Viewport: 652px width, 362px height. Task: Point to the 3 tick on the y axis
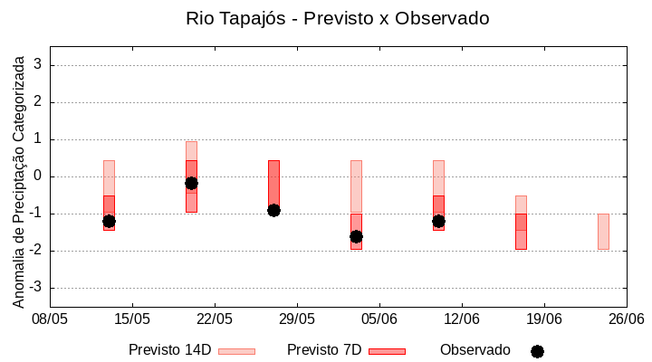[39, 65]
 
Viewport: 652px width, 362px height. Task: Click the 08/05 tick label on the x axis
[50, 319]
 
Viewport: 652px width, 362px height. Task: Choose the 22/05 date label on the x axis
[215, 319]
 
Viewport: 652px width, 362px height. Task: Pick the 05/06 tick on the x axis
[379, 319]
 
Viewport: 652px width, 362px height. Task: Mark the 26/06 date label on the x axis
[626, 319]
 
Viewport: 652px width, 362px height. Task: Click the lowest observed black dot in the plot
[356, 236]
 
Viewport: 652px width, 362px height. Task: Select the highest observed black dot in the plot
[191, 183]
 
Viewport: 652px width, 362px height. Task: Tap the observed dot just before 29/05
[273, 210]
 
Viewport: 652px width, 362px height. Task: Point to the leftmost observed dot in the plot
[109, 221]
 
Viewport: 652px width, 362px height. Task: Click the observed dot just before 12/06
[438, 221]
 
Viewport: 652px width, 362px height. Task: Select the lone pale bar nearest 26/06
[603, 232]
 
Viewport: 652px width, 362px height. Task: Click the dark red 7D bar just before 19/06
[521, 232]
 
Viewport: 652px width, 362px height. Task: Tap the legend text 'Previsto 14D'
[169, 350]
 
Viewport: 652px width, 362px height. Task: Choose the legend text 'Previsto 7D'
[324, 350]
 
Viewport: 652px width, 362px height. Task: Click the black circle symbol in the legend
[537, 351]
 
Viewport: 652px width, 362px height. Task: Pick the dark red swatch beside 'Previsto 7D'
[387, 351]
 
